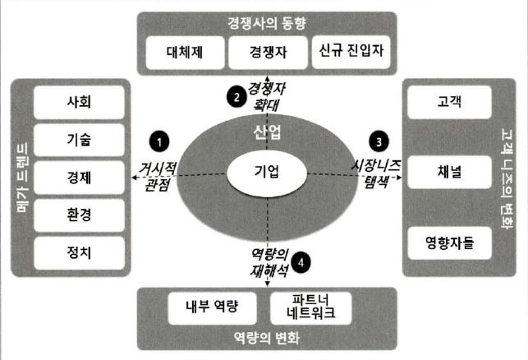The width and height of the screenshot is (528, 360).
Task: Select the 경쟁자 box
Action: click(268, 53)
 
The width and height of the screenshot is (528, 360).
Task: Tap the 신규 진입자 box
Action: click(350, 53)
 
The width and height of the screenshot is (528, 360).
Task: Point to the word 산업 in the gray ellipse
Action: click(268, 132)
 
